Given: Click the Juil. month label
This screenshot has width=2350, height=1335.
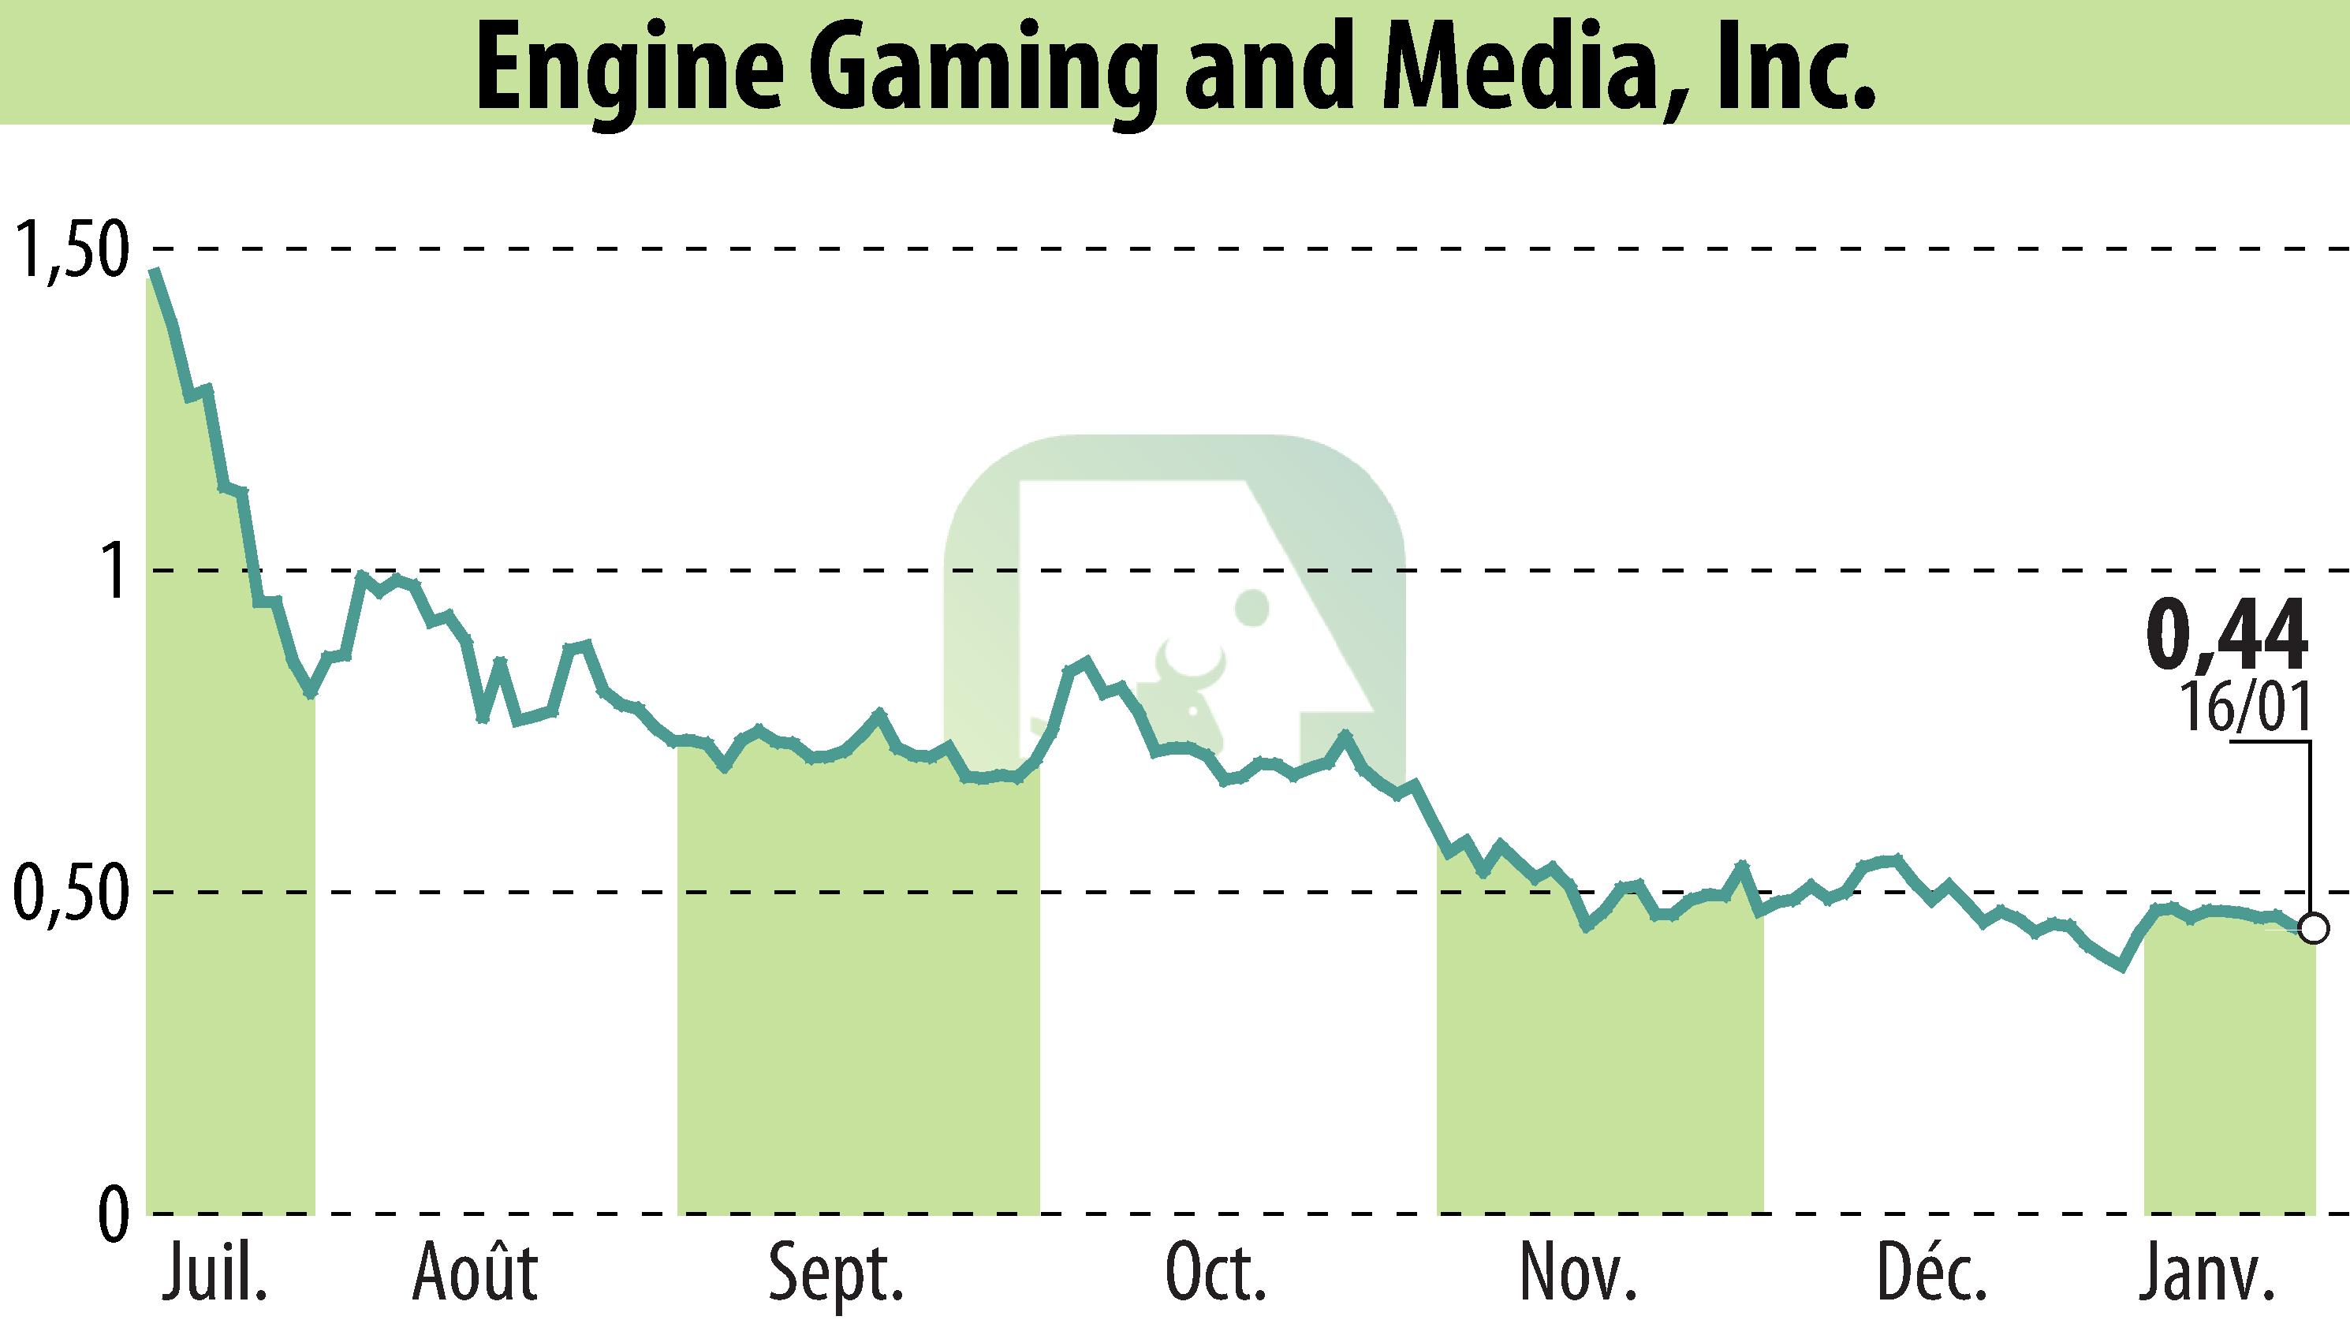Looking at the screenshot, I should click(x=214, y=1273).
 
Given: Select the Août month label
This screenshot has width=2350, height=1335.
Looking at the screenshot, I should click(x=474, y=1273).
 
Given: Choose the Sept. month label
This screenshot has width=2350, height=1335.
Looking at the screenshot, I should click(x=836, y=1273).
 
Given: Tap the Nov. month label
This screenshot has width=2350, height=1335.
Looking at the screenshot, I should click(x=1577, y=1273).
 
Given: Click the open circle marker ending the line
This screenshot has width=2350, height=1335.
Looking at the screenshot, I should click(x=2315, y=930).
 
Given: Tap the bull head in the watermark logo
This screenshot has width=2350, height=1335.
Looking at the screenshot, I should click(x=1189, y=683).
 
